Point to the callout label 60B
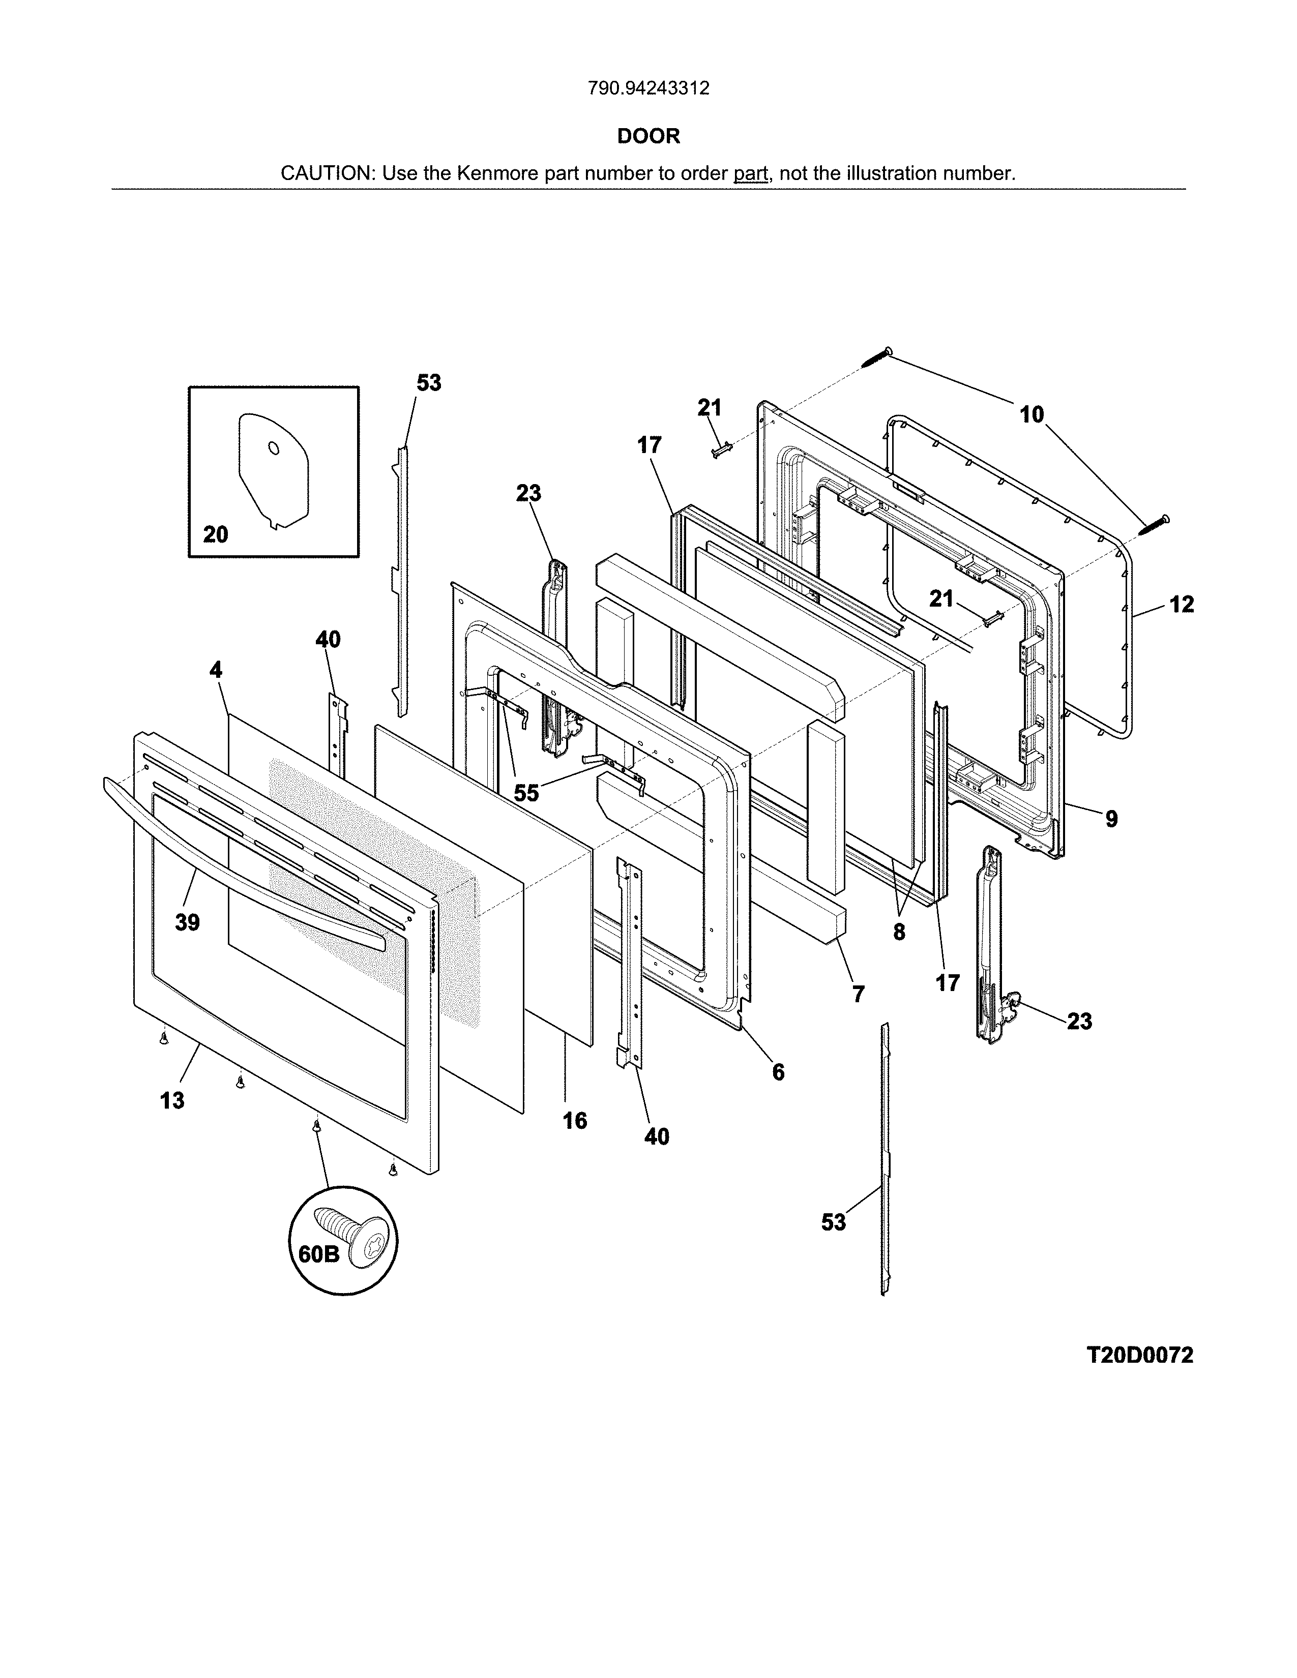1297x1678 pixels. click(x=318, y=1254)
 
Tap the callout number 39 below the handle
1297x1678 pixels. click(x=188, y=922)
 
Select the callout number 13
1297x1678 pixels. click(x=172, y=1100)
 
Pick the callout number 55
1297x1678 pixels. click(x=526, y=792)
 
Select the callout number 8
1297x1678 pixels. click(x=899, y=932)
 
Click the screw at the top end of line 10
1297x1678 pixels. click(x=875, y=357)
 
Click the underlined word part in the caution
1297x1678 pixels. click(x=751, y=173)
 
